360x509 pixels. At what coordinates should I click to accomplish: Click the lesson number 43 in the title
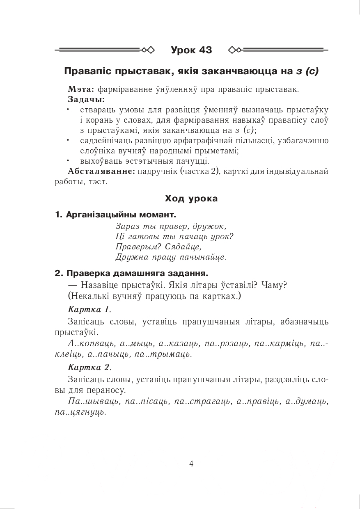tap(205, 50)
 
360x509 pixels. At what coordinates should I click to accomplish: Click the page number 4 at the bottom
tap(191, 463)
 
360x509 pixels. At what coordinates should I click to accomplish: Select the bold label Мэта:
tap(81, 89)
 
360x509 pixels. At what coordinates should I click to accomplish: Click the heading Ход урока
tap(191, 199)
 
